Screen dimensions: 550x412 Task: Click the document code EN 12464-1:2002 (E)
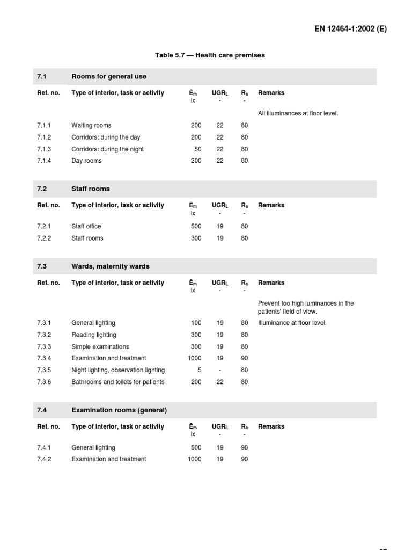coord(351,29)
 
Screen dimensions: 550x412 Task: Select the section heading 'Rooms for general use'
coord(109,76)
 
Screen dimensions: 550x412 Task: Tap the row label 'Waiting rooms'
coord(91,126)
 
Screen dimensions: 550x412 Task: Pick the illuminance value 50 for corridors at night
coord(198,149)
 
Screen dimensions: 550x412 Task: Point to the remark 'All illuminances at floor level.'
coord(298,113)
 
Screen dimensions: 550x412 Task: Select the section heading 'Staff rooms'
coord(90,189)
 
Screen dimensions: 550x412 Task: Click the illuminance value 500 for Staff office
coord(196,227)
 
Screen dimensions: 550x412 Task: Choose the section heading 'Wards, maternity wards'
coord(111,266)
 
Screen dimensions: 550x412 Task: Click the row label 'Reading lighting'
coord(94,335)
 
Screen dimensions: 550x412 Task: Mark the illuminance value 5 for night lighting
coord(200,370)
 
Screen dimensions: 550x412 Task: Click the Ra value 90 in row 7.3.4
coord(245,358)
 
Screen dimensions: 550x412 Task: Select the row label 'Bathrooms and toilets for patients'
coord(118,382)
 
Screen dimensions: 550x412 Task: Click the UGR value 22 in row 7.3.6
coord(220,382)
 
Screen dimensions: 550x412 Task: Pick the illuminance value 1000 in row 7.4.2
coord(194,459)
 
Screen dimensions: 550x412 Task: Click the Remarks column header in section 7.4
coord(271,426)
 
